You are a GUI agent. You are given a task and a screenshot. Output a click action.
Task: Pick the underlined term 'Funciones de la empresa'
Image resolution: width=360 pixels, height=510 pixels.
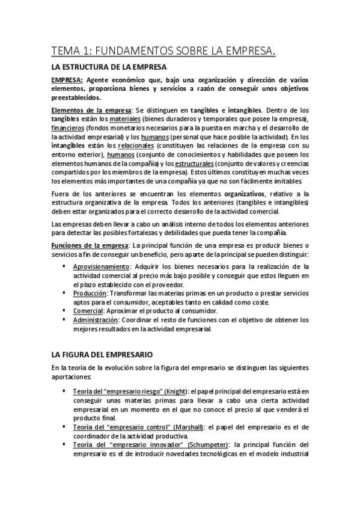pyautogui.click(x=90, y=246)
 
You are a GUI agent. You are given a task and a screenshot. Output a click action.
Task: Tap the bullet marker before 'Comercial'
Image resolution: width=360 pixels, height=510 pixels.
pyautogui.click(x=64, y=310)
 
